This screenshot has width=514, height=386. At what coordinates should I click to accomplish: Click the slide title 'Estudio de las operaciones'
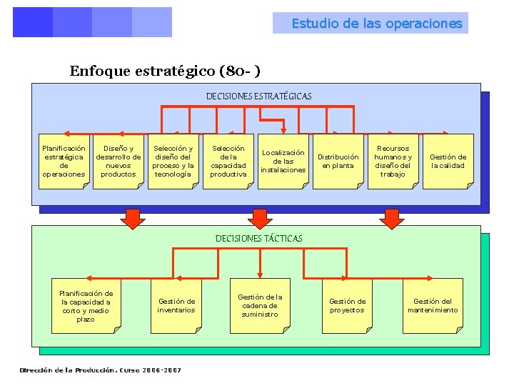click(376, 24)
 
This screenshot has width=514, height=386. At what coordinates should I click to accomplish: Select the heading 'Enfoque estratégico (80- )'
click(164, 71)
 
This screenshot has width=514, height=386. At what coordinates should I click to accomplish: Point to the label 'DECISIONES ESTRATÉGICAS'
click(258, 96)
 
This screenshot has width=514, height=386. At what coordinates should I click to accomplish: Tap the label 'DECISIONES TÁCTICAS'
click(258, 238)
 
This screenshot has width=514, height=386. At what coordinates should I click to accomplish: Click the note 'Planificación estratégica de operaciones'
click(64, 162)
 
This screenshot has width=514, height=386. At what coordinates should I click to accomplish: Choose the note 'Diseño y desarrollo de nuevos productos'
click(119, 162)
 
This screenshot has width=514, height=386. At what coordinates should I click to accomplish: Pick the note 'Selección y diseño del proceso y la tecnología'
click(173, 162)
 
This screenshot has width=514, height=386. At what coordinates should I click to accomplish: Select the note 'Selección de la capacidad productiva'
click(228, 162)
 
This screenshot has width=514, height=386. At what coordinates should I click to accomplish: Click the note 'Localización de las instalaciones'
click(283, 162)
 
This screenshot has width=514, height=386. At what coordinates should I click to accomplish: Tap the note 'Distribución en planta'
click(338, 162)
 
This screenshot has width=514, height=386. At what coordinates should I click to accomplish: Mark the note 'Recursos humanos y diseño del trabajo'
click(393, 162)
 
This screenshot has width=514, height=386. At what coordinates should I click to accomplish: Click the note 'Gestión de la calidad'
click(448, 162)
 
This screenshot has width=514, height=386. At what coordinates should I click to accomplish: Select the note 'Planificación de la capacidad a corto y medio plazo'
click(86, 306)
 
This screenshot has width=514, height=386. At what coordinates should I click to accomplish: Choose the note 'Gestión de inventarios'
click(176, 306)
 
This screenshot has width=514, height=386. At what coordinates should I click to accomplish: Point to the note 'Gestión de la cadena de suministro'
click(260, 306)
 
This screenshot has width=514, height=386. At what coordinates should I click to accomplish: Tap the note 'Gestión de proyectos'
click(347, 306)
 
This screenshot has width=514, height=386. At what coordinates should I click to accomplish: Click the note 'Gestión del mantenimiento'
click(433, 306)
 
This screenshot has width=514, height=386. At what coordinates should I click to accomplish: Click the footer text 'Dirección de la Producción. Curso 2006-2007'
click(101, 370)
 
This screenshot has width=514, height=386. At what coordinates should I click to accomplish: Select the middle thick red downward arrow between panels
click(258, 218)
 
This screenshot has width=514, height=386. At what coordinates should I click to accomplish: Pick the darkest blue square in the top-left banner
click(33, 22)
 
